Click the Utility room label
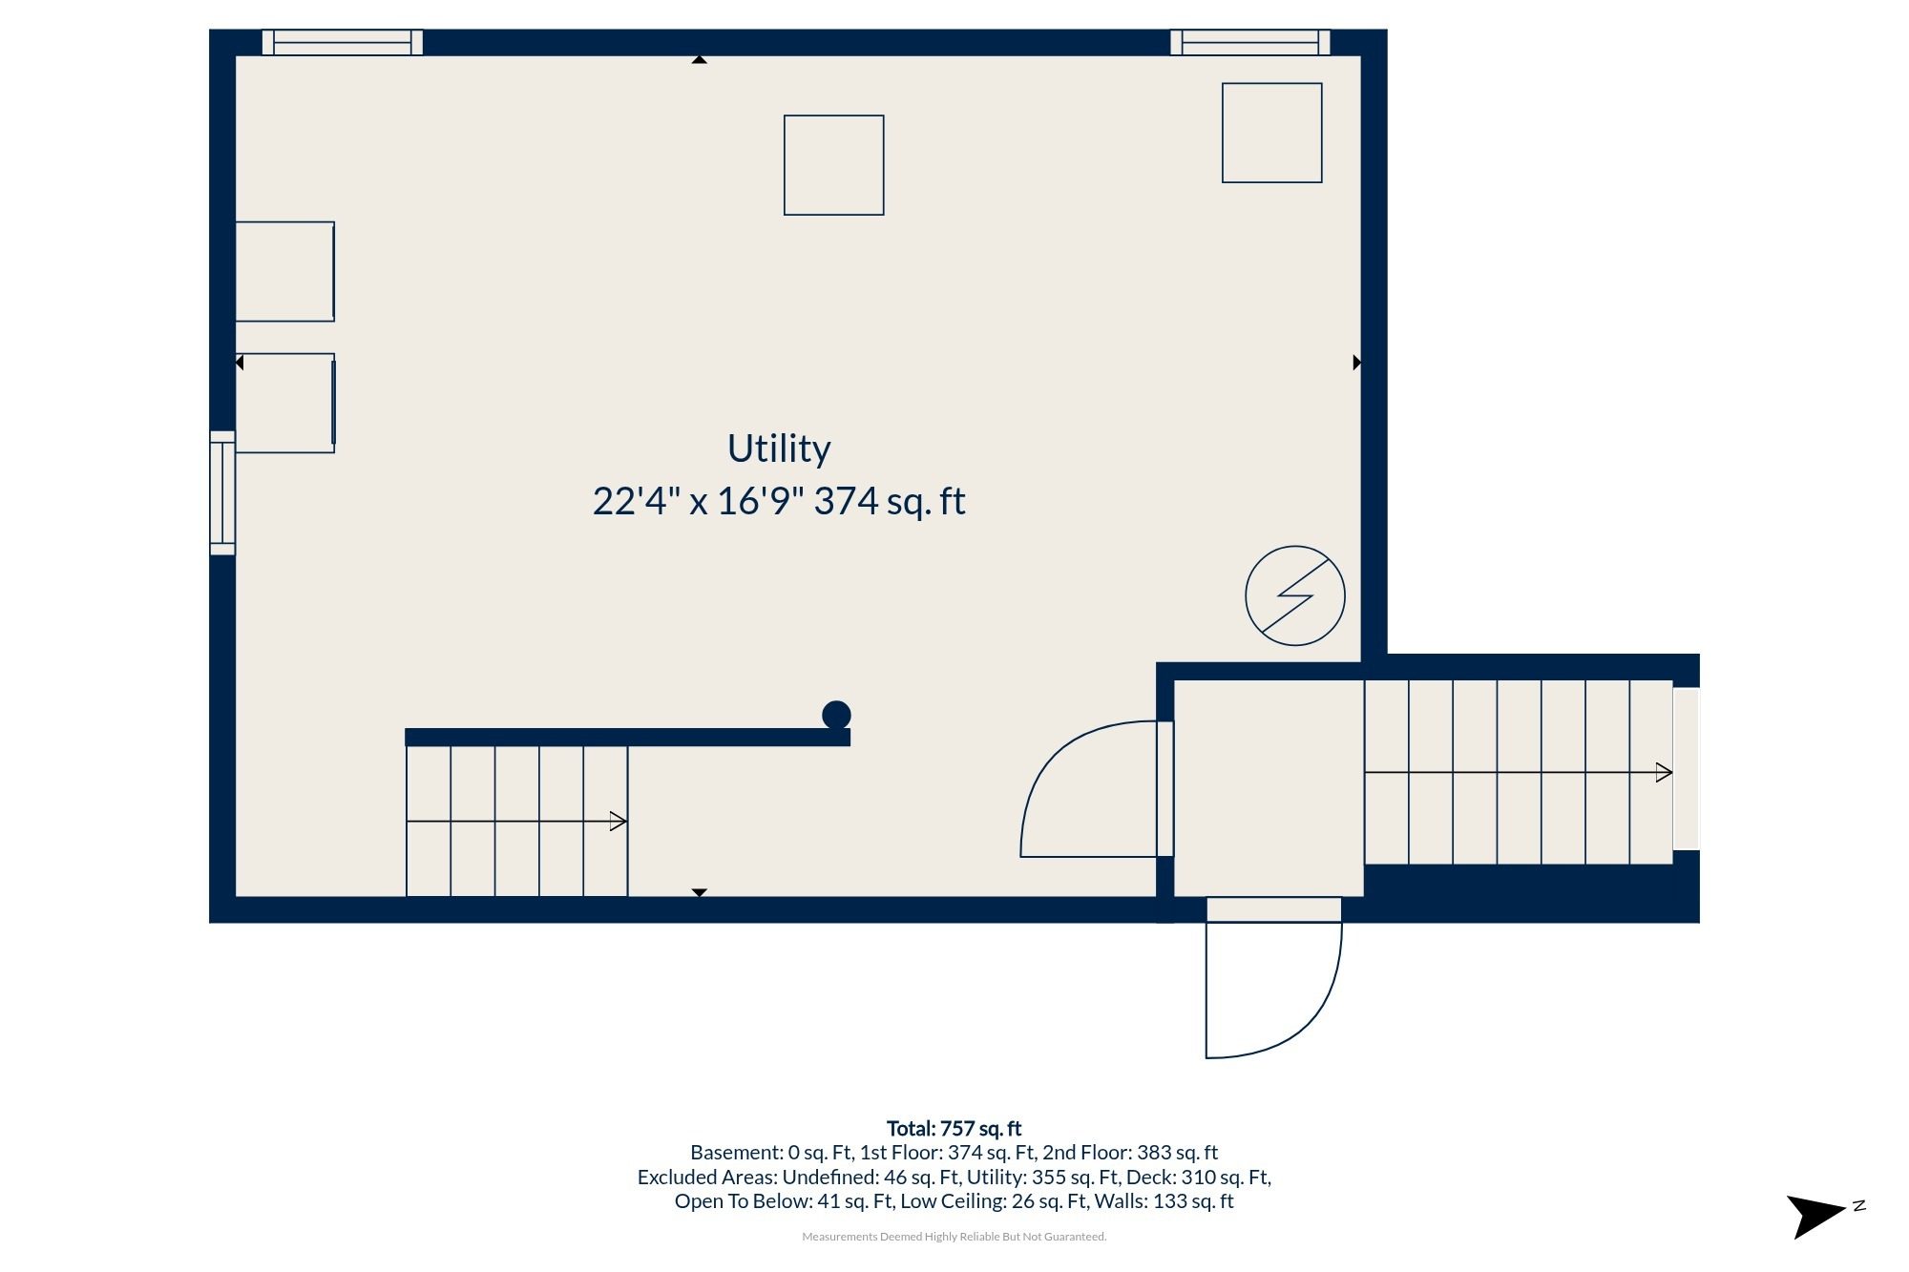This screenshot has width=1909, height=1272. click(779, 449)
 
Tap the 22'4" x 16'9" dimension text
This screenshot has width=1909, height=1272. click(698, 501)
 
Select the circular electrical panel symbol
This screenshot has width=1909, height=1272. click(1295, 595)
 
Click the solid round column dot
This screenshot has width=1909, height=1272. click(836, 715)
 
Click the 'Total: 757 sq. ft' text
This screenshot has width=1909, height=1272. click(954, 1129)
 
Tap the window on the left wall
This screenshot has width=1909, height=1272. click(222, 492)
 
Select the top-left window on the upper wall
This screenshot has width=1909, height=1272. click(343, 43)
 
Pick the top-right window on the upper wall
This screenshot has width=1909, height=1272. click(1250, 43)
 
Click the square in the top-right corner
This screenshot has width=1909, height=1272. click(1272, 133)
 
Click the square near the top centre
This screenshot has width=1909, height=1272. click(834, 165)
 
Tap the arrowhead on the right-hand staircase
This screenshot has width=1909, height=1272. click(1664, 773)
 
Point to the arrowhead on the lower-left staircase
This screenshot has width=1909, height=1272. click(618, 822)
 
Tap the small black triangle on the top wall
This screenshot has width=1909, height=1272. click(700, 59)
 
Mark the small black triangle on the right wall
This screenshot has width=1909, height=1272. click(1357, 363)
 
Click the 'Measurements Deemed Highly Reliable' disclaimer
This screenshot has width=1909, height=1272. click(954, 1237)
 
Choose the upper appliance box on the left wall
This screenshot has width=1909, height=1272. click(284, 272)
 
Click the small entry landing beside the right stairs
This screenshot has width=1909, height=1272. click(1269, 788)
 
